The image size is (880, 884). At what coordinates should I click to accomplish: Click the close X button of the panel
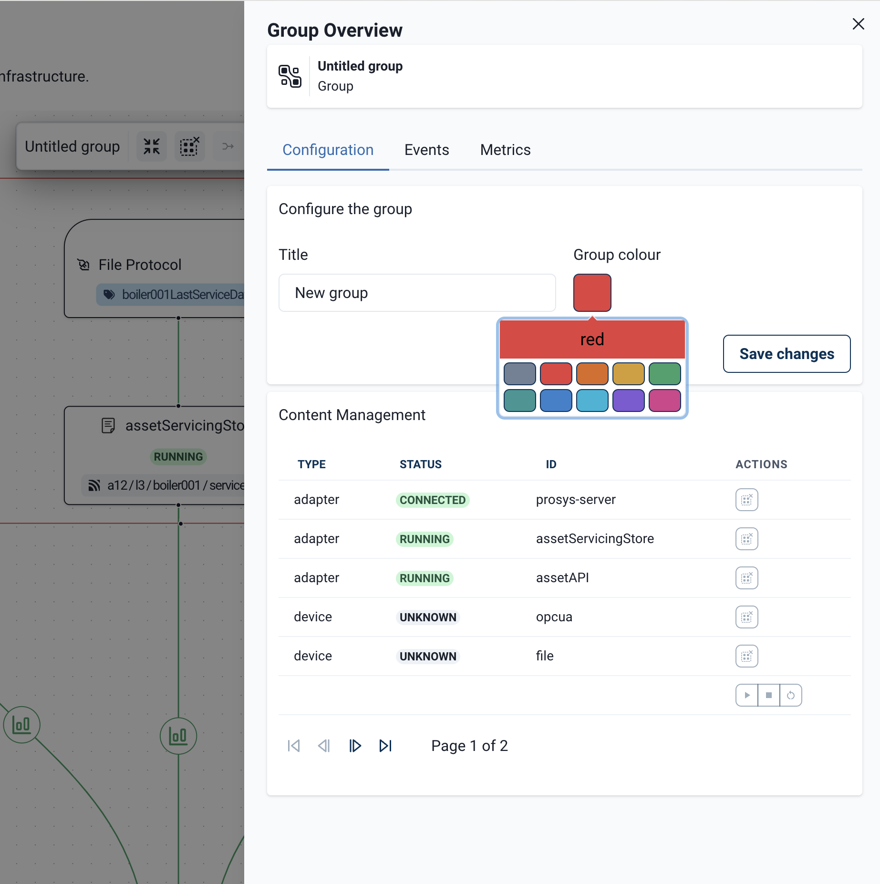[858, 24]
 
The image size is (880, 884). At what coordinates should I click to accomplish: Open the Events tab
[426, 150]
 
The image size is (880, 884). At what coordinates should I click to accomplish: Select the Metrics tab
[505, 150]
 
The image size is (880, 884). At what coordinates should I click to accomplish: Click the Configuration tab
[328, 150]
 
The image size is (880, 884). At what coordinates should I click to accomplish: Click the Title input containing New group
[417, 293]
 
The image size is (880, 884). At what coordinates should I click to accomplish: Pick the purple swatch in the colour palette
[628, 400]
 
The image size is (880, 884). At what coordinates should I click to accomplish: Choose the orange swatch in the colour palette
[592, 373]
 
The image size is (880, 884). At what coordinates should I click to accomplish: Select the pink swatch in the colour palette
[664, 400]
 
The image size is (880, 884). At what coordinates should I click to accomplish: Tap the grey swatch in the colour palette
[519, 373]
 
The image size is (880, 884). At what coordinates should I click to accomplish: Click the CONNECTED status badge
[432, 500]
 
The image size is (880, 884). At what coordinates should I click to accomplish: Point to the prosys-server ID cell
[576, 500]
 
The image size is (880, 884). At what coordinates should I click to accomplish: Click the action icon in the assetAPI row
[746, 578]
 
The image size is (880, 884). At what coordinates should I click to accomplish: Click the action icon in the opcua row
[746, 617]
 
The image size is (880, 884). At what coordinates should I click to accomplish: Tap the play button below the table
[747, 695]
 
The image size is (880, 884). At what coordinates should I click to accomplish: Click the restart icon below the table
[791, 695]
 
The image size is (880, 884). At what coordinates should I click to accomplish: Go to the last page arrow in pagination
[385, 746]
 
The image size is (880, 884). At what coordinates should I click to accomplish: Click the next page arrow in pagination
[355, 746]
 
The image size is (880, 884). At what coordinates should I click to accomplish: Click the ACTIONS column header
[761, 464]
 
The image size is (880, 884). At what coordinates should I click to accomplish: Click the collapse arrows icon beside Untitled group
[152, 146]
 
